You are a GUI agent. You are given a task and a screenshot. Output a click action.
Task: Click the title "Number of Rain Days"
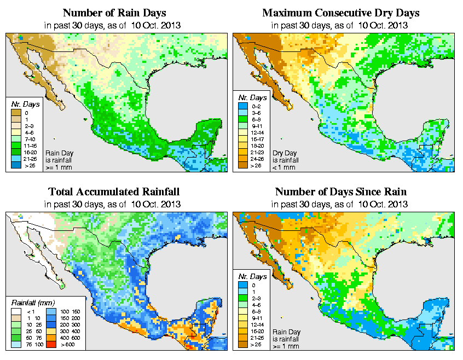tap(114, 13)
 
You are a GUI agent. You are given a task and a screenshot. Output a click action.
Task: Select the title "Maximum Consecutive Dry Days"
tap(341, 13)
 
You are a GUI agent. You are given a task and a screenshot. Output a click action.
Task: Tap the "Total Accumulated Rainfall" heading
tap(114, 192)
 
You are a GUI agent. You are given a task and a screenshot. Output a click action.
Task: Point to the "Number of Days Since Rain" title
tap(341, 192)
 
